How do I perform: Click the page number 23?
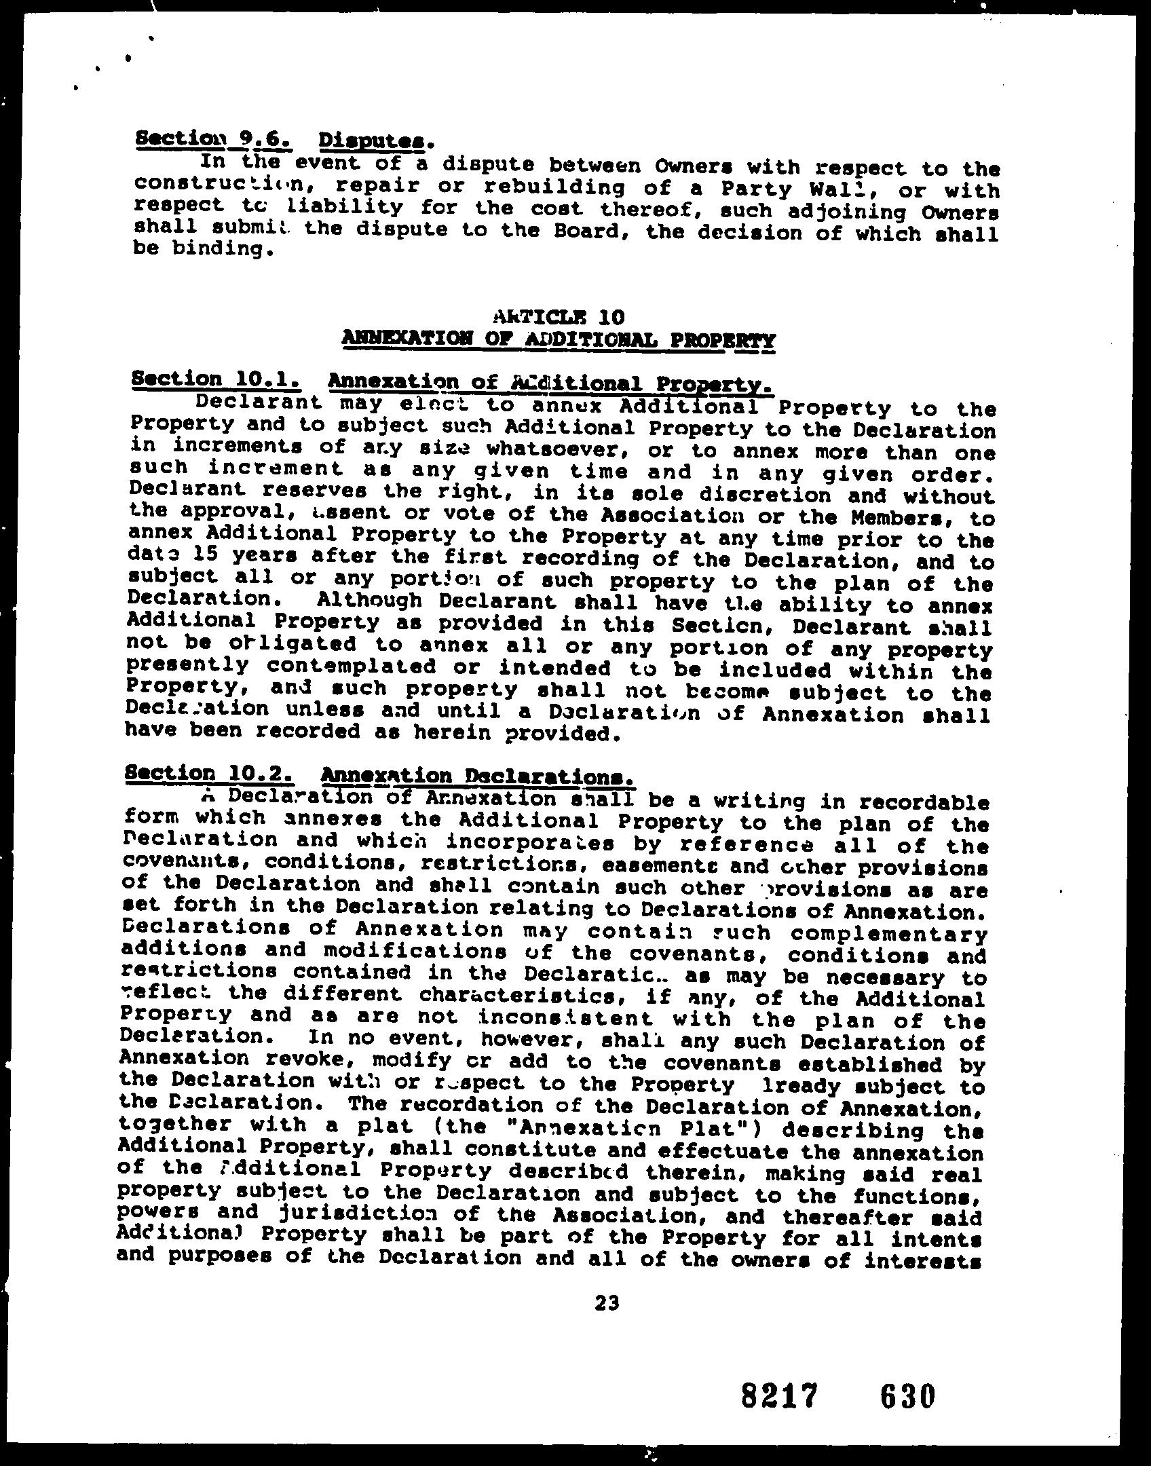606,1302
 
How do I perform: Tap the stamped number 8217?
777,1397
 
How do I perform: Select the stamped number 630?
907,1397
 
